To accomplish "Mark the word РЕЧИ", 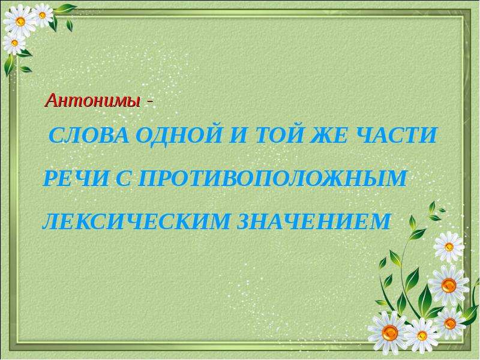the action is (76, 178).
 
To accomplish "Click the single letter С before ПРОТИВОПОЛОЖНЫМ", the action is (123, 178).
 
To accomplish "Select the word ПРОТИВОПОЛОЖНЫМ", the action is (272, 178).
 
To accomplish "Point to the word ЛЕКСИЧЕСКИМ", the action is (136, 221).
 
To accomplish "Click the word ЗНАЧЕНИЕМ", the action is (313, 221).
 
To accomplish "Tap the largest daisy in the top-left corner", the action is (20, 21).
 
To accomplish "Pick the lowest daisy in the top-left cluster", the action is (14, 43).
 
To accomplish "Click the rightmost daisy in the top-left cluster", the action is (43, 15).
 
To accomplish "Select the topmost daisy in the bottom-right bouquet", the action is (449, 247).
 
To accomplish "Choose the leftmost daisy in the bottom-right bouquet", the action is (390, 332).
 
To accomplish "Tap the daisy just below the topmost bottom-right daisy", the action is (449, 286).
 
